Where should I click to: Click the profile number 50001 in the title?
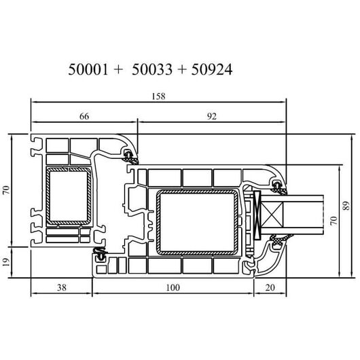click(88, 69)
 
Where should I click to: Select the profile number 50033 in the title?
click(152, 69)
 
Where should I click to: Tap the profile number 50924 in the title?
click(212, 69)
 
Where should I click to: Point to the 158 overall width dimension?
click(158, 96)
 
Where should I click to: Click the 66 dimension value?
click(84, 116)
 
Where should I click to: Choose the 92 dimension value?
click(212, 116)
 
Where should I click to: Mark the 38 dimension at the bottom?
click(62, 287)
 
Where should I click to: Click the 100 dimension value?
click(173, 287)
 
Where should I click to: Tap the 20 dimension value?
click(270, 287)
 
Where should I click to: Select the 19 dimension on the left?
click(6, 262)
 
